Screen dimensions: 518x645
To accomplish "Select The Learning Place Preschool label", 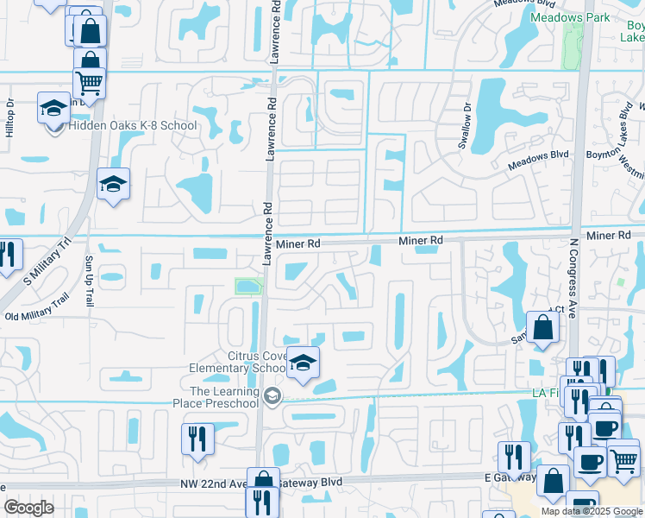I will [x=224, y=397].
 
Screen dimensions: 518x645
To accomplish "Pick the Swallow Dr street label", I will [x=465, y=126].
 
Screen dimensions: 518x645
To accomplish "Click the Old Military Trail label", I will [x=36, y=308].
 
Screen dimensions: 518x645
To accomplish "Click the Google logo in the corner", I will [x=28, y=508].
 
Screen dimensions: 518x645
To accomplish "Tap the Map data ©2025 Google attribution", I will [x=592, y=511].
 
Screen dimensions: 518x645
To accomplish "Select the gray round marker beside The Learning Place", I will [x=272, y=396].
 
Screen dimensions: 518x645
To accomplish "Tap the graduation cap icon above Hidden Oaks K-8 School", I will [x=54, y=110].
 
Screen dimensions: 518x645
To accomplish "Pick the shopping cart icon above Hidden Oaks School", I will [x=90, y=83].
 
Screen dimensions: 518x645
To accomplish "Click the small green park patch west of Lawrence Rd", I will [x=248, y=286].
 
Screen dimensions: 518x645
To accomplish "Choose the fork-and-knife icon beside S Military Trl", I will [x=7, y=254].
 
